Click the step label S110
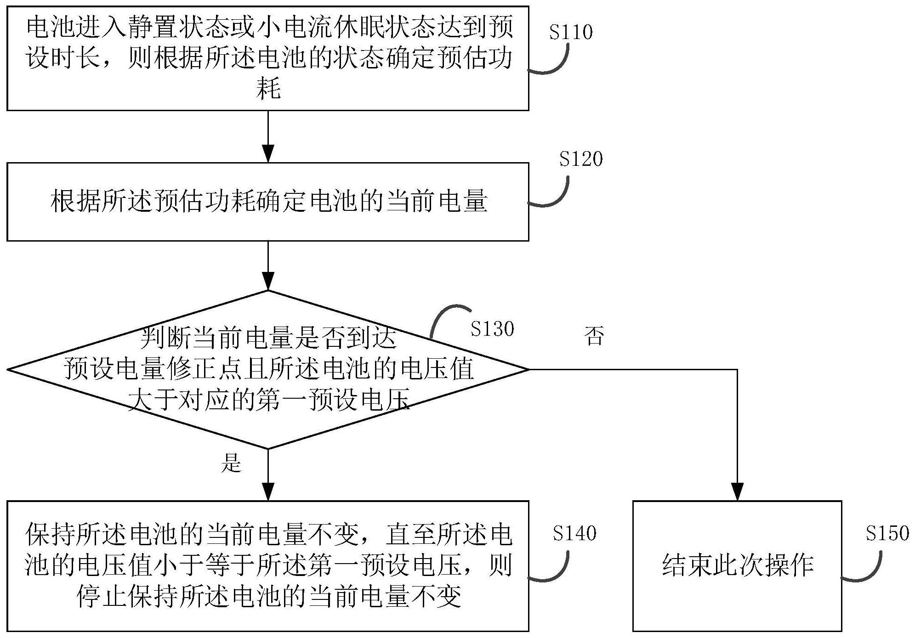coord(571,32)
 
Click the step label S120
coord(580,159)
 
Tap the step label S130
coord(492,329)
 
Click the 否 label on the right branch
coord(594,336)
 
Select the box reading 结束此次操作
coord(737,566)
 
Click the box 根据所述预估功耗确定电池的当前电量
coord(267,202)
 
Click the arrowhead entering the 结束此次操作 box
coord(737,491)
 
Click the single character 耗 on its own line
coord(268,89)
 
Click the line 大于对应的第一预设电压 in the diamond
coord(268,400)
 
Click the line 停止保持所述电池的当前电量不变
coord(268,597)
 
